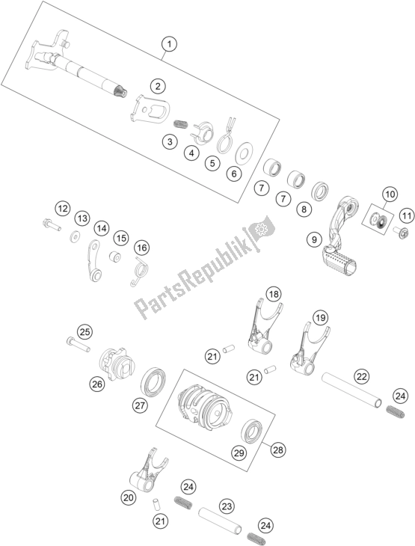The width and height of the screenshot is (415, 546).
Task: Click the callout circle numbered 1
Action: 169,45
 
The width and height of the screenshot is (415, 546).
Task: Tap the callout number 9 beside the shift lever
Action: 314,239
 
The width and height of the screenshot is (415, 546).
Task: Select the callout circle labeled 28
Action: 278,450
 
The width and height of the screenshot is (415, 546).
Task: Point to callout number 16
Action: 142,248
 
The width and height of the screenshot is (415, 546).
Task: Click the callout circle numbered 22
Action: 362,376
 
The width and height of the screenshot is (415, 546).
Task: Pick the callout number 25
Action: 85,332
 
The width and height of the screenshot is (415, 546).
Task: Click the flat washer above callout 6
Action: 245,153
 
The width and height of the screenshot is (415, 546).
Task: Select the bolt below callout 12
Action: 52,224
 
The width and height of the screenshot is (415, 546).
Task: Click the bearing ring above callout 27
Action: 153,381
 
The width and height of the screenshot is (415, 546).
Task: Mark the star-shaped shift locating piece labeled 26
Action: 117,364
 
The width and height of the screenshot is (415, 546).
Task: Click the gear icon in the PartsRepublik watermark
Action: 260,229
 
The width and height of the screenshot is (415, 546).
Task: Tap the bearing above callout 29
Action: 252,432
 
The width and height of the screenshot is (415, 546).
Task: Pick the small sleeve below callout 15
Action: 115,257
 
